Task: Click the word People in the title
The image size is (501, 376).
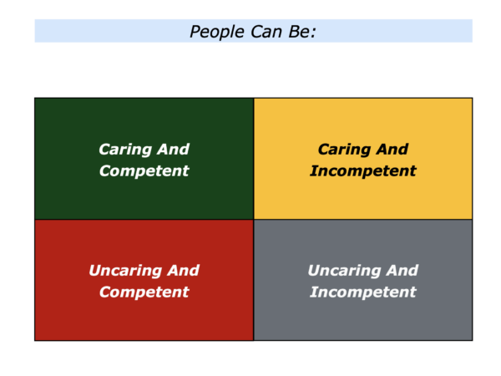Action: pyautogui.click(x=217, y=32)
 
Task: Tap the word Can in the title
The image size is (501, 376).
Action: pyautogui.click(x=266, y=32)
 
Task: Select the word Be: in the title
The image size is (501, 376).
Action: pyautogui.click(x=302, y=32)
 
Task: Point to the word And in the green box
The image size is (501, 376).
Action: pyautogui.click(x=173, y=150)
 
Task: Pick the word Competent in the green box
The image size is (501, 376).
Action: pyautogui.click(x=144, y=171)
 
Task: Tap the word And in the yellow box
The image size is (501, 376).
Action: pyautogui.click(x=392, y=150)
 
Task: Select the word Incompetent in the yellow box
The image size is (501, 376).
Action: pyautogui.click(x=363, y=171)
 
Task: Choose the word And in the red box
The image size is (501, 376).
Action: pyautogui.click(x=183, y=271)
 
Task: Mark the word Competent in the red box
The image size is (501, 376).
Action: pyautogui.click(x=144, y=292)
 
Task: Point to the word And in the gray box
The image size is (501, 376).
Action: pyautogui.click(x=402, y=271)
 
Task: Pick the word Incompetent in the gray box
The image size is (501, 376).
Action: pyautogui.click(x=363, y=292)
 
